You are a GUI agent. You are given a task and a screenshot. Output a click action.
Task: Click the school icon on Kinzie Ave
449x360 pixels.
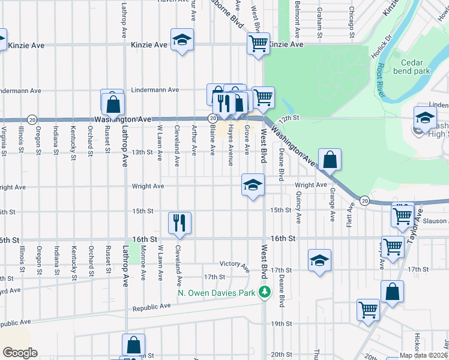point(182,40)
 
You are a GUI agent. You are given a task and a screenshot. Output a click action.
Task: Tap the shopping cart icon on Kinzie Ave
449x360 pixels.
point(258,43)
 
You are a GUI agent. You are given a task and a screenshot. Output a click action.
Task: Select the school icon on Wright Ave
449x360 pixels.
point(253,184)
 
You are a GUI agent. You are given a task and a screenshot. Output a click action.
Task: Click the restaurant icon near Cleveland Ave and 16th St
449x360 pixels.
point(179,223)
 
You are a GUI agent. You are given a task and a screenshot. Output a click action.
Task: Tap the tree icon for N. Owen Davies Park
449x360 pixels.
point(265,292)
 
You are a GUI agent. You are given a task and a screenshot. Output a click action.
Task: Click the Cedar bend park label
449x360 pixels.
point(412,67)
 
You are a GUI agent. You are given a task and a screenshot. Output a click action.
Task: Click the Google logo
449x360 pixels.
point(19,353)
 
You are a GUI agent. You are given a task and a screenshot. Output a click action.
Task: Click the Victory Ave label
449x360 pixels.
point(234,264)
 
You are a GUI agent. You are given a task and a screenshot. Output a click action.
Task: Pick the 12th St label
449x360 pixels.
point(288,119)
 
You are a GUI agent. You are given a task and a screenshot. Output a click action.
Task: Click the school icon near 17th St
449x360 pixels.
point(320,261)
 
